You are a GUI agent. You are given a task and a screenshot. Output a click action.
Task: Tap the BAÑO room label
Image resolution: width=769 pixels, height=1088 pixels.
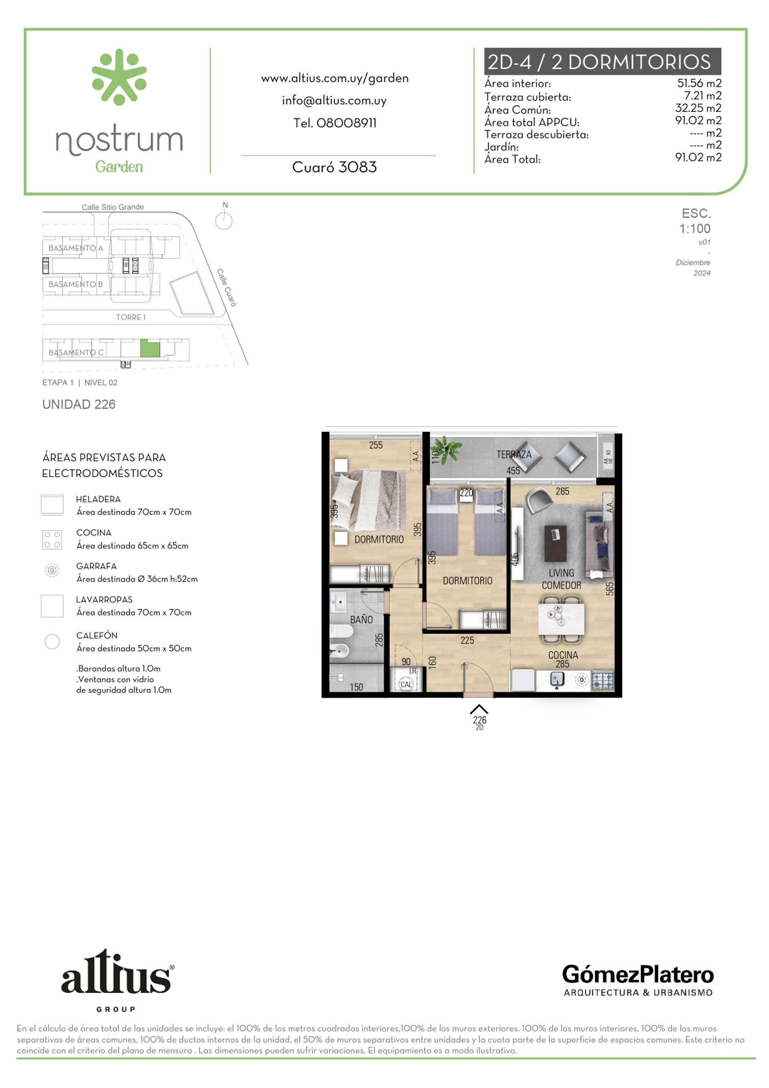click(361, 620)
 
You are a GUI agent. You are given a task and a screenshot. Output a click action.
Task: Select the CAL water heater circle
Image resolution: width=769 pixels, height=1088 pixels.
click(406, 684)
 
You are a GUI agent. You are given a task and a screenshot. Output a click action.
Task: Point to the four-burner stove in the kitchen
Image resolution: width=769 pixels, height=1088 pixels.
click(603, 680)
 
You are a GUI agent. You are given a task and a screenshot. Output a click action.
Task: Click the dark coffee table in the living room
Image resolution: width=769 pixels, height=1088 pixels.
click(555, 543)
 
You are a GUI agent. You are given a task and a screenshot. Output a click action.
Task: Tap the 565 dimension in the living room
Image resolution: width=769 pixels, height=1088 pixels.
click(610, 589)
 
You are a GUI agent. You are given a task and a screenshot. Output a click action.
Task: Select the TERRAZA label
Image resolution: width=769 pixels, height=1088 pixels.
click(514, 455)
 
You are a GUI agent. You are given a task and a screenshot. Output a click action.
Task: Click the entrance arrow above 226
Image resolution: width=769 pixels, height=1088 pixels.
click(479, 709)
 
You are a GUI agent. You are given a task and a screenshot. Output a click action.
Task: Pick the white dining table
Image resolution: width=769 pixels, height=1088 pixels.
click(562, 619)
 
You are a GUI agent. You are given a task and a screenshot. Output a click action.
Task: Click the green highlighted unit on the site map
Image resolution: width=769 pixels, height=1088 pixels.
click(150, 349)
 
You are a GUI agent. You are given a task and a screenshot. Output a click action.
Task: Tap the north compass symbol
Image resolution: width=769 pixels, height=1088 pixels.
click(224, 221)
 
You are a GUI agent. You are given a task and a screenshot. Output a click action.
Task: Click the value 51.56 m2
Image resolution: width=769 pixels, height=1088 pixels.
click(699, 83)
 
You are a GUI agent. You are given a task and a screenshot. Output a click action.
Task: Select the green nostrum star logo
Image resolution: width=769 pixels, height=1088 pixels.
click(119, 77)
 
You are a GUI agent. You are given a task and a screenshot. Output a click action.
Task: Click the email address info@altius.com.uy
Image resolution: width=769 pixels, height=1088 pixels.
click(334, 101)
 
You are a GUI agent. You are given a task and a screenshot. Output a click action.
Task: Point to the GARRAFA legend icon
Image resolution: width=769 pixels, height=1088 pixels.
click(52, 570)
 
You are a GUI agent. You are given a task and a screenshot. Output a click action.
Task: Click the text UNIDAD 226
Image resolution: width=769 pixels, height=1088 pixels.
click(79, 404)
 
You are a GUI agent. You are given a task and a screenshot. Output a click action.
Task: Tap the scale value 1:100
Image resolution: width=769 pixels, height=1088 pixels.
click(695, 229)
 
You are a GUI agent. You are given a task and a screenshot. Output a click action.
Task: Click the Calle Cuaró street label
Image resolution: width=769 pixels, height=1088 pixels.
click(227, 288)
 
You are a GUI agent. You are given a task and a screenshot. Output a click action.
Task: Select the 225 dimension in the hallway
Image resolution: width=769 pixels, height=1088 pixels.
click(467, 641)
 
